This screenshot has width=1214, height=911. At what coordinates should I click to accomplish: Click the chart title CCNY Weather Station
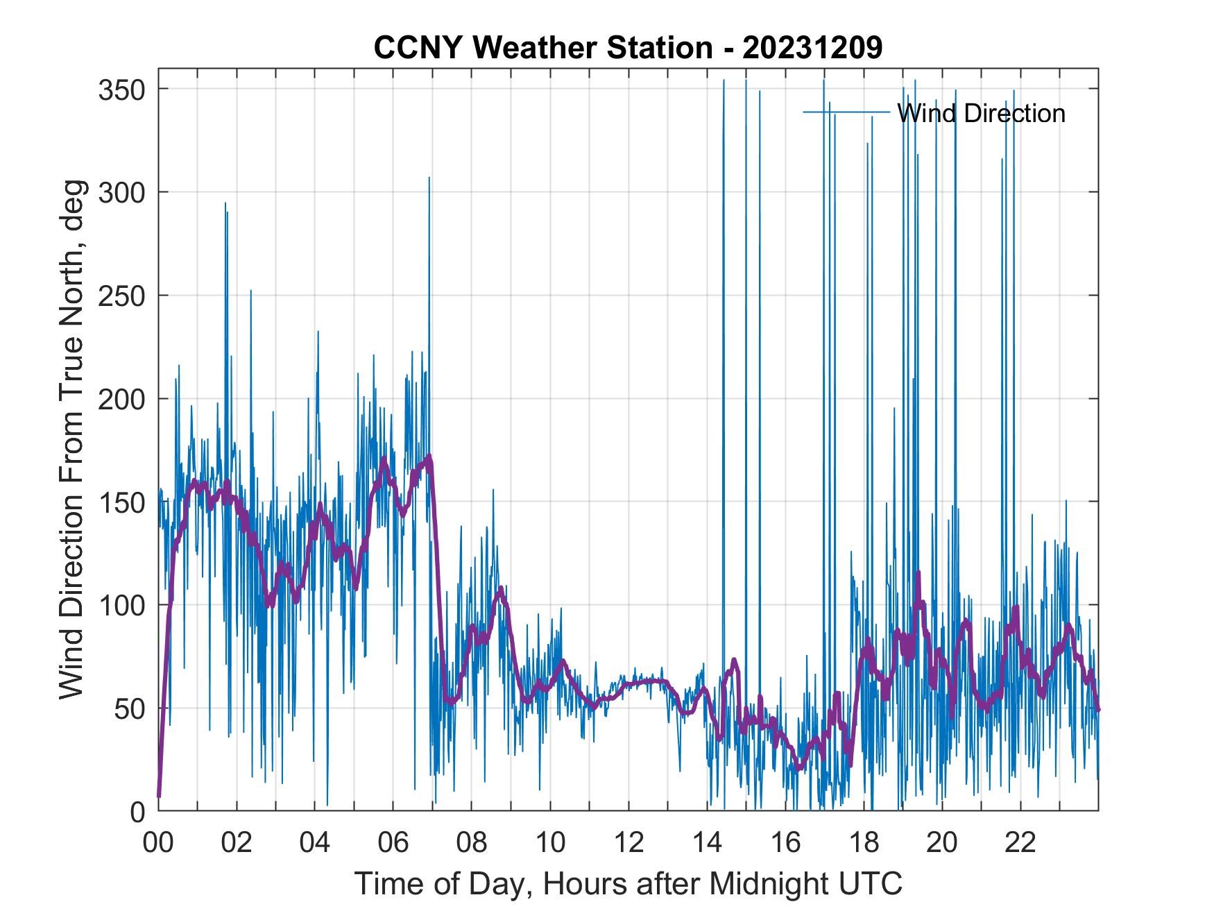coord(628,49)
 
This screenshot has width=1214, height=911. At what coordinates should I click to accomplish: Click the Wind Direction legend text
coord(980,113)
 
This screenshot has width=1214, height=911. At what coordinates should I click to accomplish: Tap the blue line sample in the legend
coord(846,112)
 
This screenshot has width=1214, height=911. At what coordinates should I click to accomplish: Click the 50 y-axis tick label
coord(130,708)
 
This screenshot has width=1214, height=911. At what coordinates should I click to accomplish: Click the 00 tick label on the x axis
coord(158,843)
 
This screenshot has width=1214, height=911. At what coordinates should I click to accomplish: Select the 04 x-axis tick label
coord(315,843)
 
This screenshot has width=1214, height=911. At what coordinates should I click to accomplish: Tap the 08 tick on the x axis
coord(472,843)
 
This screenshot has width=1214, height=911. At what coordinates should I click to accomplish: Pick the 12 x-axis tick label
coord(629,843)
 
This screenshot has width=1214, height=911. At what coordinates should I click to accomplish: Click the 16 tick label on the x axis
coord(785,843)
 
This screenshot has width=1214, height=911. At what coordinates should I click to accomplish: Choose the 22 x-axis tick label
coord(1020,843)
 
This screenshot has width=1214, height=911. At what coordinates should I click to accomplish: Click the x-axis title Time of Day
coord(628,883)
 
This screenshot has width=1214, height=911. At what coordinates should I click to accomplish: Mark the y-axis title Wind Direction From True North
coord(71,439)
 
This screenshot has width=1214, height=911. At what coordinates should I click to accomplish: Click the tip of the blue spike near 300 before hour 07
coord(429,178)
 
